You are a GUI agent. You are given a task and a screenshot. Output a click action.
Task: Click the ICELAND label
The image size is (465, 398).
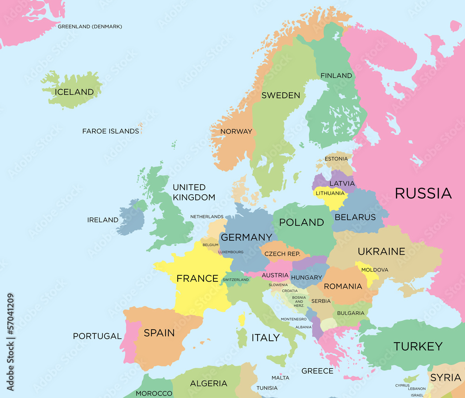click(74, 92)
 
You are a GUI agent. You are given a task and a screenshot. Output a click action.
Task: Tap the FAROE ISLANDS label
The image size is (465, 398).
click(111, 131)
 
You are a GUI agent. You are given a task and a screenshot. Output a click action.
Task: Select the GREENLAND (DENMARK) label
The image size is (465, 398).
click(90, 27)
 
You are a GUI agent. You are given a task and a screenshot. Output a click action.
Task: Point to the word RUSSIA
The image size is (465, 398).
click(423, 193)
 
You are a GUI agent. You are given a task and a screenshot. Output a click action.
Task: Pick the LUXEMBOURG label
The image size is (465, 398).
click(231, 252)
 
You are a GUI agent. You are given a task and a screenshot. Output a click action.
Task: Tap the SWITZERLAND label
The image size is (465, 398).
click(236, 280)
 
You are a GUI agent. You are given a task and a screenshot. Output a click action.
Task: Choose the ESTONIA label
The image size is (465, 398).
click(336, 159)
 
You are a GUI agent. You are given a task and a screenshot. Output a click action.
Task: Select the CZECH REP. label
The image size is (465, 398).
click(282, 254)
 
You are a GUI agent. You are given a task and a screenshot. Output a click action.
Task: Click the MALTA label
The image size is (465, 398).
click(280, 378)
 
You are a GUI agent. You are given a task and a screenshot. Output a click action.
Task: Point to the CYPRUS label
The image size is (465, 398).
click(402, 385)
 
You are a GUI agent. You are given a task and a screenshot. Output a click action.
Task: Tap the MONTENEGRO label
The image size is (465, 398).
click(293, 319)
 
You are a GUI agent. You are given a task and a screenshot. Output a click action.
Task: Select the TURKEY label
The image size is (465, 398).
click(418, 346)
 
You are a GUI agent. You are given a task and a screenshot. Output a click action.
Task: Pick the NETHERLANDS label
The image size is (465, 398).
click(207, 217)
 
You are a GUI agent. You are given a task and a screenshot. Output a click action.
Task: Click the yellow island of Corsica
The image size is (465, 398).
click(242, 319)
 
